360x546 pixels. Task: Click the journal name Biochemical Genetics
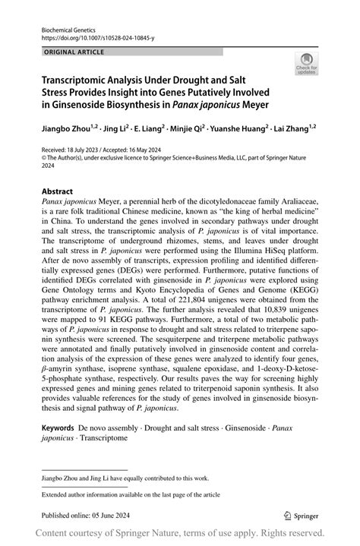65,27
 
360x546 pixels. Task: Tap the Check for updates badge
308,65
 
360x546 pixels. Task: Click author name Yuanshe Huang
237,131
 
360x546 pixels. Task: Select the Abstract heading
58,192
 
